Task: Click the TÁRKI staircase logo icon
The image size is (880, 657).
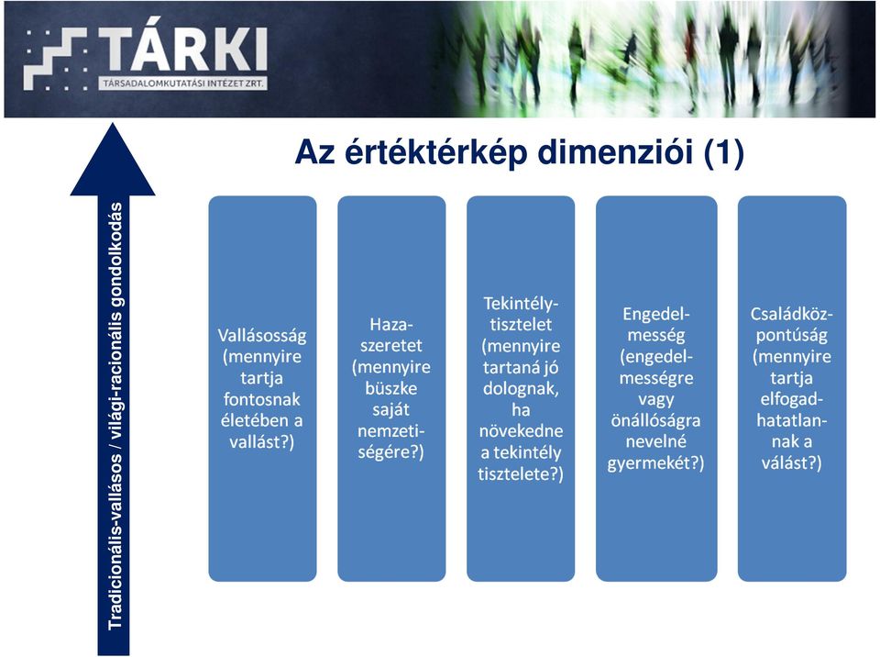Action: point(56,59)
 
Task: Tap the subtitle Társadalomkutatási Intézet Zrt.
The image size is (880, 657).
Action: point(183,84)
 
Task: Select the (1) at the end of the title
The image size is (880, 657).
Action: point(724,153)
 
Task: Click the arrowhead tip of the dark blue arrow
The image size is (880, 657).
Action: point(112,124)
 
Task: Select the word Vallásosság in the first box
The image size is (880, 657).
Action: point(262,336)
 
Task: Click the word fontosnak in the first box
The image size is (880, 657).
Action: point(262,399)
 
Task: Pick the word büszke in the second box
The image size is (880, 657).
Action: point(391,388)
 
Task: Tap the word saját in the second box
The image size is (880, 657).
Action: point(391,410)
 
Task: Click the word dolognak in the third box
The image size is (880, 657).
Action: point(521,389)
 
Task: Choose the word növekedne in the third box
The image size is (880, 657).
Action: point(521,431)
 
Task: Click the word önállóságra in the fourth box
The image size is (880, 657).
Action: point(656,420)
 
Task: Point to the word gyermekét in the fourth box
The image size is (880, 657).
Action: point(651,463)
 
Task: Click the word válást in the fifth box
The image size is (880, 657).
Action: point(786,462)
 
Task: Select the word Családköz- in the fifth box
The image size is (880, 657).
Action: point(792,314)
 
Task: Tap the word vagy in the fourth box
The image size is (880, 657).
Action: point(656,400)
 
